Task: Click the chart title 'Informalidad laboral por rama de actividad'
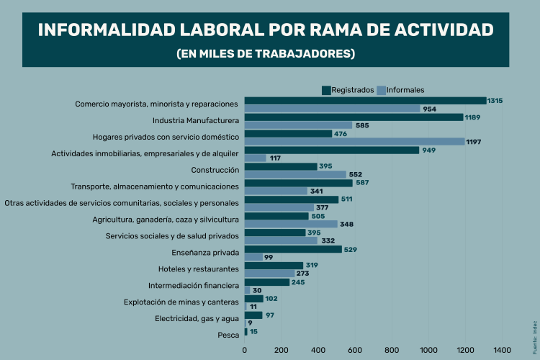tap(266, 30)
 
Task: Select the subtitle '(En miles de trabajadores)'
tap(266, 54)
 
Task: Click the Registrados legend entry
tap(348, 90)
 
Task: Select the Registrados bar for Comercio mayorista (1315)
tap(365, 101)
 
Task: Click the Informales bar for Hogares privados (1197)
tap(354, 142)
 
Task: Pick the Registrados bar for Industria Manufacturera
tap(354, 117)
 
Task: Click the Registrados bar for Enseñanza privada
tap(293, 249)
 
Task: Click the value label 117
tap(276, 158)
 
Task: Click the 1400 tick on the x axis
tap(502, 351)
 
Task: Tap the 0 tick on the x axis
tap(245, 351)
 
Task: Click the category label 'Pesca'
tap(228, 336)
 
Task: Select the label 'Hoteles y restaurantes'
tap(198, 269)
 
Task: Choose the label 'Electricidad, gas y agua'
tap(197, 319)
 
